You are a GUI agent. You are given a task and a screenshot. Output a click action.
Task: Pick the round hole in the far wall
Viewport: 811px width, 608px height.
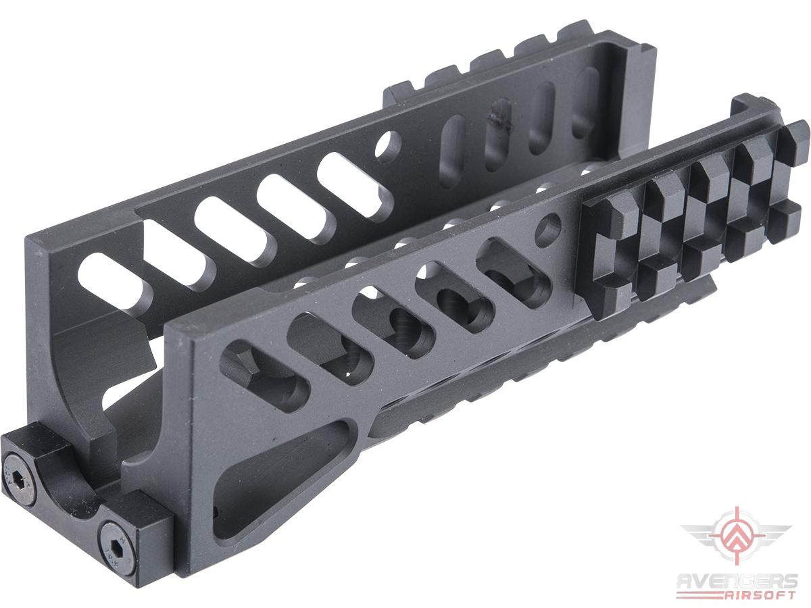387,145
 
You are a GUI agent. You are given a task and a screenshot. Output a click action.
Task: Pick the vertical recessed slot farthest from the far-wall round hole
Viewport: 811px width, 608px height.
585,101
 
